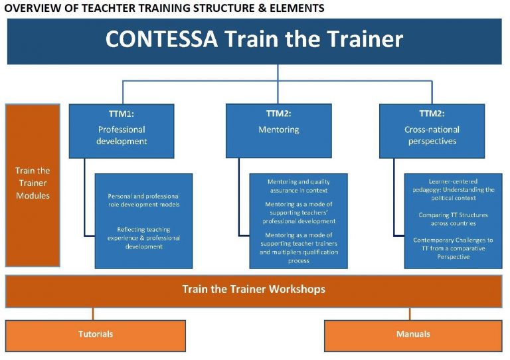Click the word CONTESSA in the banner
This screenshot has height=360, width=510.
point(161,39)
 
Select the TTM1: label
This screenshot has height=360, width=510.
point(122,114)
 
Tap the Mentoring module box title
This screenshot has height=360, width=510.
point(279,130)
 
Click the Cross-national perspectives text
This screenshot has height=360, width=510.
point(432,135)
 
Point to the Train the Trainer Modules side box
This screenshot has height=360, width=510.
point(33,185)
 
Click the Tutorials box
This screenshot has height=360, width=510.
point(96,336)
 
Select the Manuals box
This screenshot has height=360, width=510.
point(413,336)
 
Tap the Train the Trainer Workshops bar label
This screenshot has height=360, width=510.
point(254,289)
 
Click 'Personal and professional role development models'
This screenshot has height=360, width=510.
point(143,201)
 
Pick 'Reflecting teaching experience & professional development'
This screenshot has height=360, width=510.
point(143,238)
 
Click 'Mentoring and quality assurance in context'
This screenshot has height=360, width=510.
point(299,186)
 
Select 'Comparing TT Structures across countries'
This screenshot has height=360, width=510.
point(453,219)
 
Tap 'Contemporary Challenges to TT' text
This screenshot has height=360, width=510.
point(453,244)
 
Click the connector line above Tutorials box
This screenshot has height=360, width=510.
point(93,314)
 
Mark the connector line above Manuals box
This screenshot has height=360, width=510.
point(410,314)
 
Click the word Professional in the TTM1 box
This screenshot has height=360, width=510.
point(122,130)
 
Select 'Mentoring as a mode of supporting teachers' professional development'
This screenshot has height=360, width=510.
point(299,213)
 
